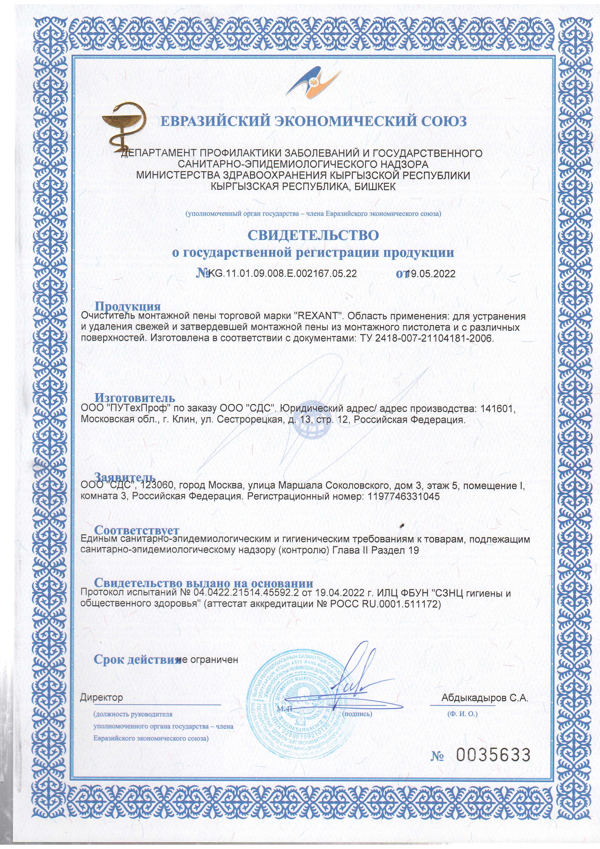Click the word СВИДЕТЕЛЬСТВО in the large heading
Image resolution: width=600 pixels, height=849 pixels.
[313, 235]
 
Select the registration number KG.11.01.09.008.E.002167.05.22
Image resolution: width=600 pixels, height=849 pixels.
[283, 274]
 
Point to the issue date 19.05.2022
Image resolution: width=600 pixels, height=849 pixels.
[431, 274]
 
